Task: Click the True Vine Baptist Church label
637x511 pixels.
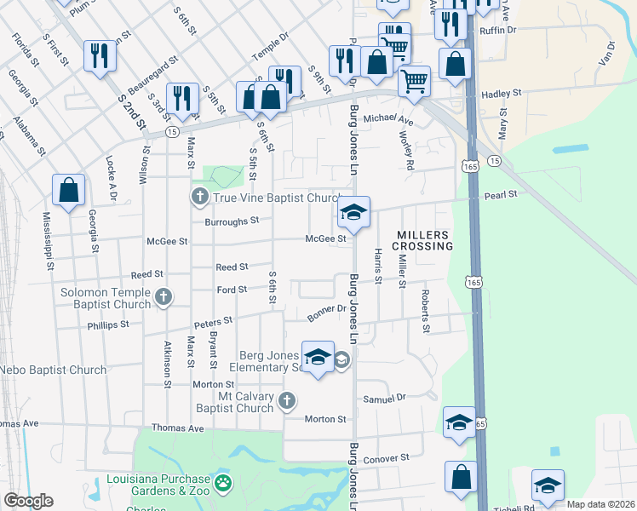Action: (x=276, y=198)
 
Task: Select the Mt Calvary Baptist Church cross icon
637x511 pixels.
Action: (x=288, y=400)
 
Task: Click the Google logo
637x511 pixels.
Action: (x=28, y=501)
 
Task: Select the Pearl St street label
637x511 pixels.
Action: (x=501, y=195)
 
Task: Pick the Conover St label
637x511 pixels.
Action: (x=387, y=458)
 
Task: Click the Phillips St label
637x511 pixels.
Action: (x=108, y=324)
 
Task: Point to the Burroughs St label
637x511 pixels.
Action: (x=232, y=221)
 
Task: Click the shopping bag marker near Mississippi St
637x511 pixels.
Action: (x=68, y=191)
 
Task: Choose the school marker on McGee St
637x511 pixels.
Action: (x=353, y=213)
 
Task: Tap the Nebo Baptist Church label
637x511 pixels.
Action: (x=53, y=370)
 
